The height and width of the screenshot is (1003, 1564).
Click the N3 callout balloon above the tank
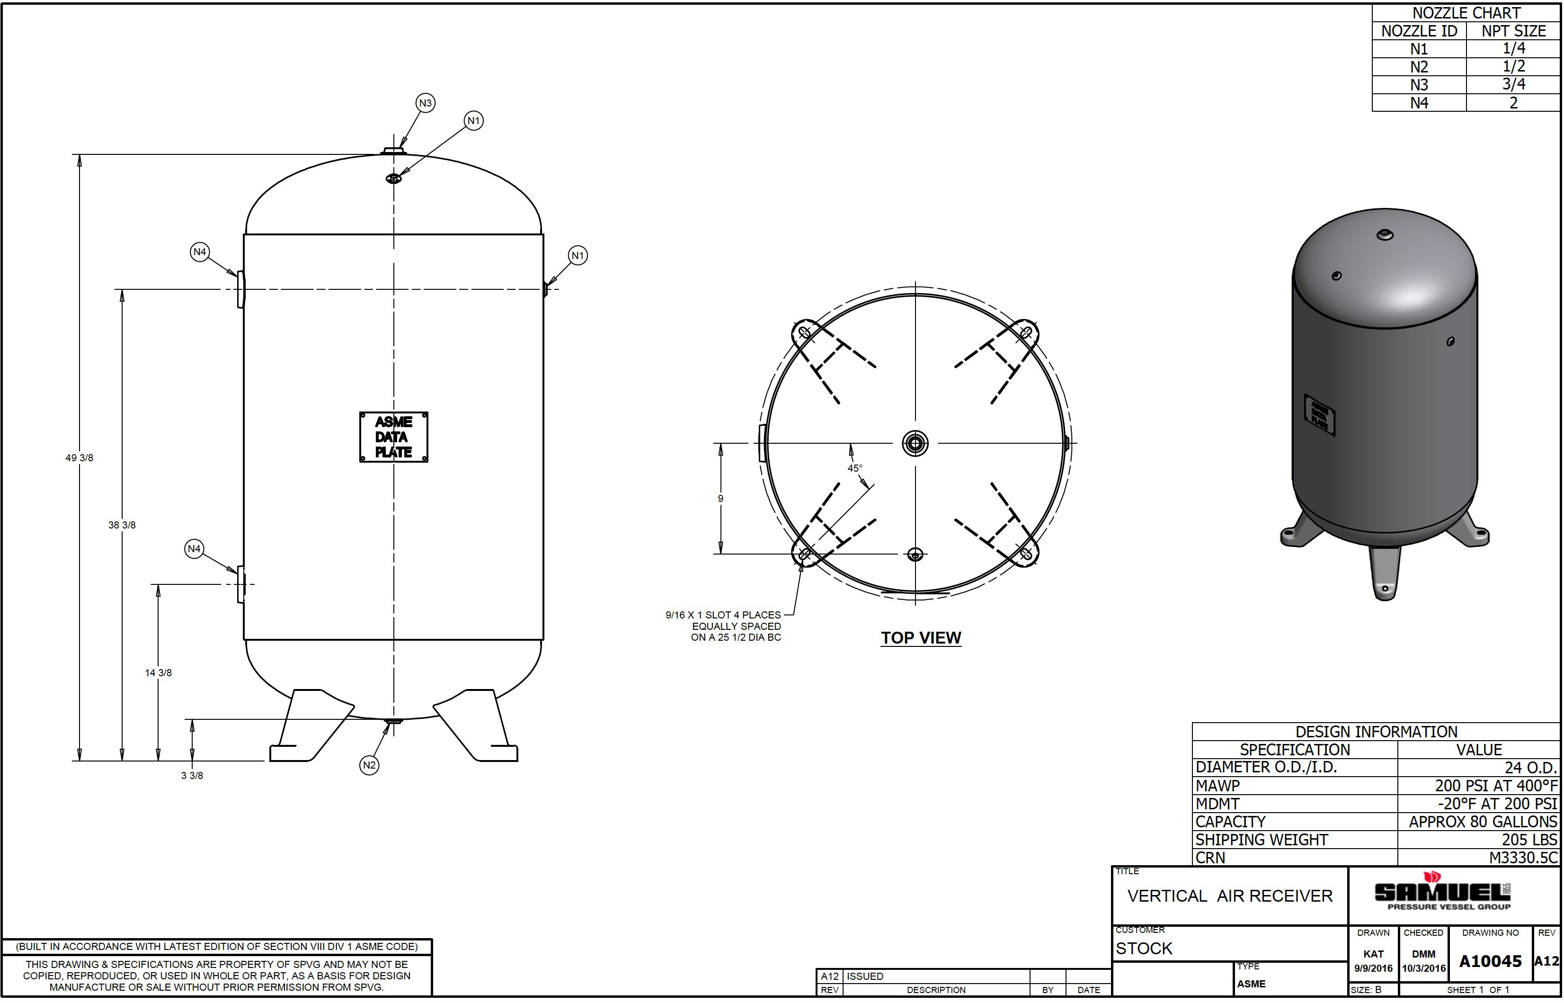[425, 103]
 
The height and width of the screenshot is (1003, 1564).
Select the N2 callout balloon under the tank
[369, 765]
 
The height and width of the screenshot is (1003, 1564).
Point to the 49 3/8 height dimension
[80, 458]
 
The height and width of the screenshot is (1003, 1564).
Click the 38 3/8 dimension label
[122, 525]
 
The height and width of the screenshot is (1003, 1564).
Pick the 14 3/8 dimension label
[158, 673]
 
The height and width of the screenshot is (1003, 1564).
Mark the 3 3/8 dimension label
[192, 776]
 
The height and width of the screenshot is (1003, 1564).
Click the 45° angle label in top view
[854, 468]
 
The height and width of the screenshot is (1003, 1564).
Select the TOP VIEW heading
[921, 638]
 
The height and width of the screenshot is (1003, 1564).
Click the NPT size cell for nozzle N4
[1513, 103]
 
